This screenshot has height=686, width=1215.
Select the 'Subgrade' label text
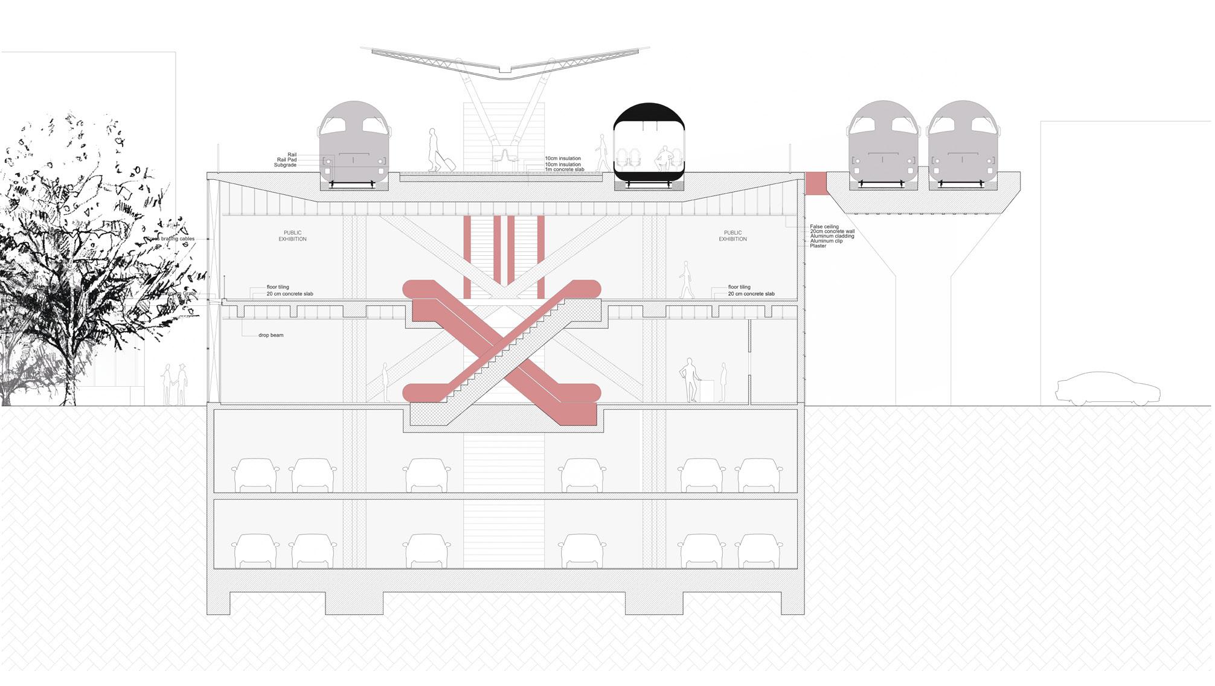click(x=285, y=165)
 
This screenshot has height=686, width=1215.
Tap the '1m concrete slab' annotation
click(x=565, y=170)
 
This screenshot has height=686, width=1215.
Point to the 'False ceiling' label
click(x=824, y=227)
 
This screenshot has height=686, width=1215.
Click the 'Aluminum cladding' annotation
click(x=832, y=237)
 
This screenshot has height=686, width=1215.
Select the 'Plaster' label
click(x=818, y=246)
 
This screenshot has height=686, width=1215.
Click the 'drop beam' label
click(x=271, y=335)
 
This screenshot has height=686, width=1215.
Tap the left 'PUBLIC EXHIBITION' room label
click(x=293, y=236)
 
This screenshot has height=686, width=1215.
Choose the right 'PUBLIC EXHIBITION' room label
click(x=733, y=236)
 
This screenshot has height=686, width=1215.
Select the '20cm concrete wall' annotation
click(x=832, y=232)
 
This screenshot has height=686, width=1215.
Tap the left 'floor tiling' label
click(x=280, y=287)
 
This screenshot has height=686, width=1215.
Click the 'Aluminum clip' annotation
click(x=826, y=241)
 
